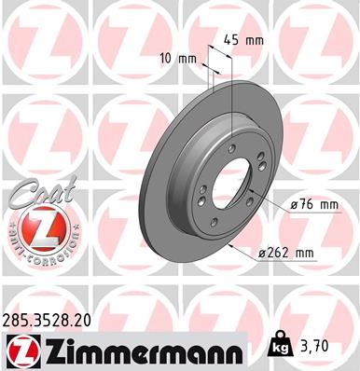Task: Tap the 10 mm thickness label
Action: click(x=180, y=59)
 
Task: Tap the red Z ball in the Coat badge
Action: click(x=35, y=227)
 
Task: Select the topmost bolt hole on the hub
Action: click(x=231, y=146)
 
